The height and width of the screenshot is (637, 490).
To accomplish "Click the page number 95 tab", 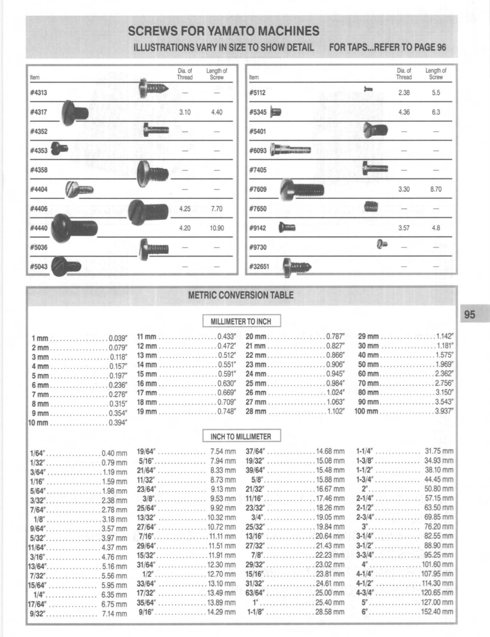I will (x=470, y=314).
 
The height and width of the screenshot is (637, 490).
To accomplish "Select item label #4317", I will (x=38, y=113).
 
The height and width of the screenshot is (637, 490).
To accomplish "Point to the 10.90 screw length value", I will (x=217, y=228).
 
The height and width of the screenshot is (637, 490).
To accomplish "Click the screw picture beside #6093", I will (x=291, y=150).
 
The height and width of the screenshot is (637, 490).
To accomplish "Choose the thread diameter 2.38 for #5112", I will (x=404, y=93).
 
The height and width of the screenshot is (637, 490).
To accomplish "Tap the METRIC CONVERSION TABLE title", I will (x=241, y=295).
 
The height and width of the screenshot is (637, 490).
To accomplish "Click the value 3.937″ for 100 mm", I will (x=444, y=412).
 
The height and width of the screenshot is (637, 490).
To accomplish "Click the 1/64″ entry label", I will (x=38, y=454).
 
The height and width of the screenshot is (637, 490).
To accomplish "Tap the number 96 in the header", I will (x=441, y=47).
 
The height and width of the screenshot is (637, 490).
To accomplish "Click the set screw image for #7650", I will (x=371, y=207).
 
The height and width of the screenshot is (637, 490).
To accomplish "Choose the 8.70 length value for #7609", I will (x=436, y=189).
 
